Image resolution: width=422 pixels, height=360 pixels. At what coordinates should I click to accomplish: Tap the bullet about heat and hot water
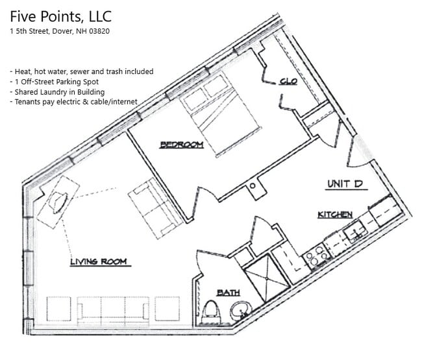click(x=81, y=71)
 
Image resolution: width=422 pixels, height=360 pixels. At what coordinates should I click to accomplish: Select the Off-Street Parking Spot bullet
click(x=55, y=82)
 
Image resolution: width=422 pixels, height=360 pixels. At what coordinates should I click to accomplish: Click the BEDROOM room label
click(x=182, y=145)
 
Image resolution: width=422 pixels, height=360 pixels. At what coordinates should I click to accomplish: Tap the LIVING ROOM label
click(x=99, y=262)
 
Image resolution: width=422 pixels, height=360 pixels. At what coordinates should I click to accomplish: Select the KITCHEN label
click(x=335, y=214)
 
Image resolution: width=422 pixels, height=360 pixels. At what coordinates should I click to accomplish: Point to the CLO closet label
click(x=288, y=81)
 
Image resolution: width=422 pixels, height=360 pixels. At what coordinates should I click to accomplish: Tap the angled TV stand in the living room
click(x=57, y=201)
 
